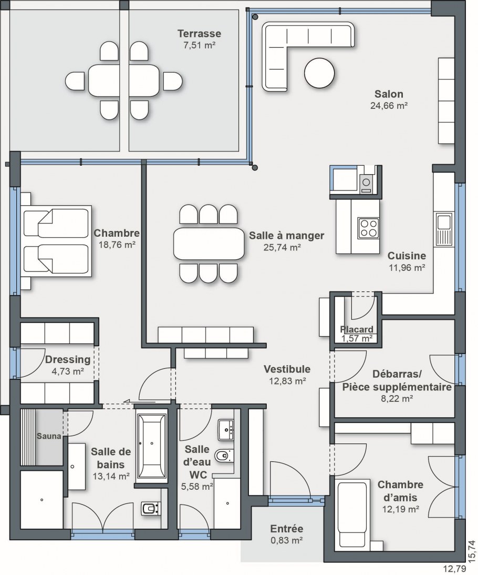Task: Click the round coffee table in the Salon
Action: tap(319, 73)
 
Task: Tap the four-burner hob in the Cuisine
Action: tap(369, 228)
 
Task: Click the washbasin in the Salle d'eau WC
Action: tap(227, 430)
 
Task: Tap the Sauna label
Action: tap(49, 436)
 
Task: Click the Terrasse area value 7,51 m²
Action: tap(199, 45)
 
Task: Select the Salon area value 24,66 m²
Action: tap(389, 106)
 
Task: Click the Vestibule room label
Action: tap(287, 369)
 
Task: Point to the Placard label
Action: tap(356, 329)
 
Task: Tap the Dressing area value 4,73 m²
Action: tap(68, 371)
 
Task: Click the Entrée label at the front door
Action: tap(287, 529)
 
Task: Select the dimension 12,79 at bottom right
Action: tap(454, 569)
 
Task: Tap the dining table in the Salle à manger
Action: tap(209, 243)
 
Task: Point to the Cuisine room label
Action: tap(407, 256)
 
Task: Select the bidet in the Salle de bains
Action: tap(151, 509)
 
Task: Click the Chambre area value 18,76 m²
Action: tap(117, 245)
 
